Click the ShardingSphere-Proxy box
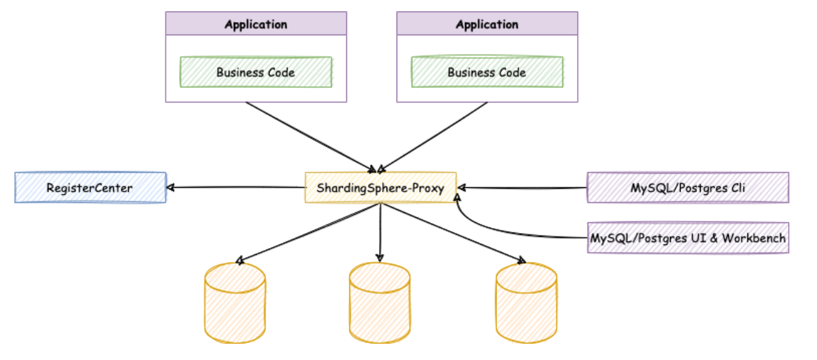[380, 187]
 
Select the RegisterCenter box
[90, 187]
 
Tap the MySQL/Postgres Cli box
[688, 187]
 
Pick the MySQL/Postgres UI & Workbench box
[688, 238]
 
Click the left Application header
[256, 25]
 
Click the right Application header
[487, 25]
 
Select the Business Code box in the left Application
[256, 72]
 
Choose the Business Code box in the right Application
[487, 72]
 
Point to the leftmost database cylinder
[235, 302]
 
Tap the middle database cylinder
[380, 302]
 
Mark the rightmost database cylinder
[526, 302]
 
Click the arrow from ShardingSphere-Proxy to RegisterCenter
[236, 187]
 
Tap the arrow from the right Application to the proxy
[434, 135]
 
